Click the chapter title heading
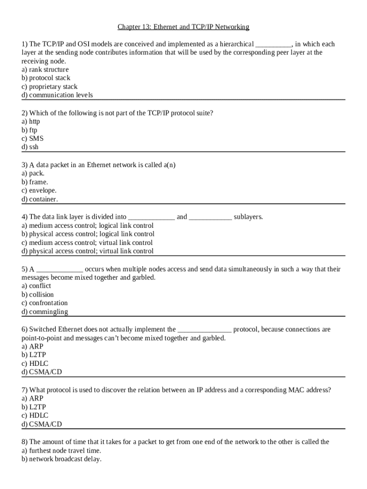183,27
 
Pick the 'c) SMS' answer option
32,138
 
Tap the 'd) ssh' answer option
30,147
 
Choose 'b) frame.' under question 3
35,182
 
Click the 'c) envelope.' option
39,191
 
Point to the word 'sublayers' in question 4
248,217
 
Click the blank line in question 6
204,330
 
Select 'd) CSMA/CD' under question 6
42,372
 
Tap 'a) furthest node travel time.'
61,450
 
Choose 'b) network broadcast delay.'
61,459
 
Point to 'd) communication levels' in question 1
57,95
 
